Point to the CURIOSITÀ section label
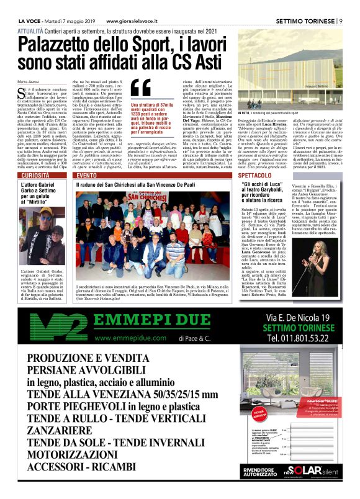[35, 177]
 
